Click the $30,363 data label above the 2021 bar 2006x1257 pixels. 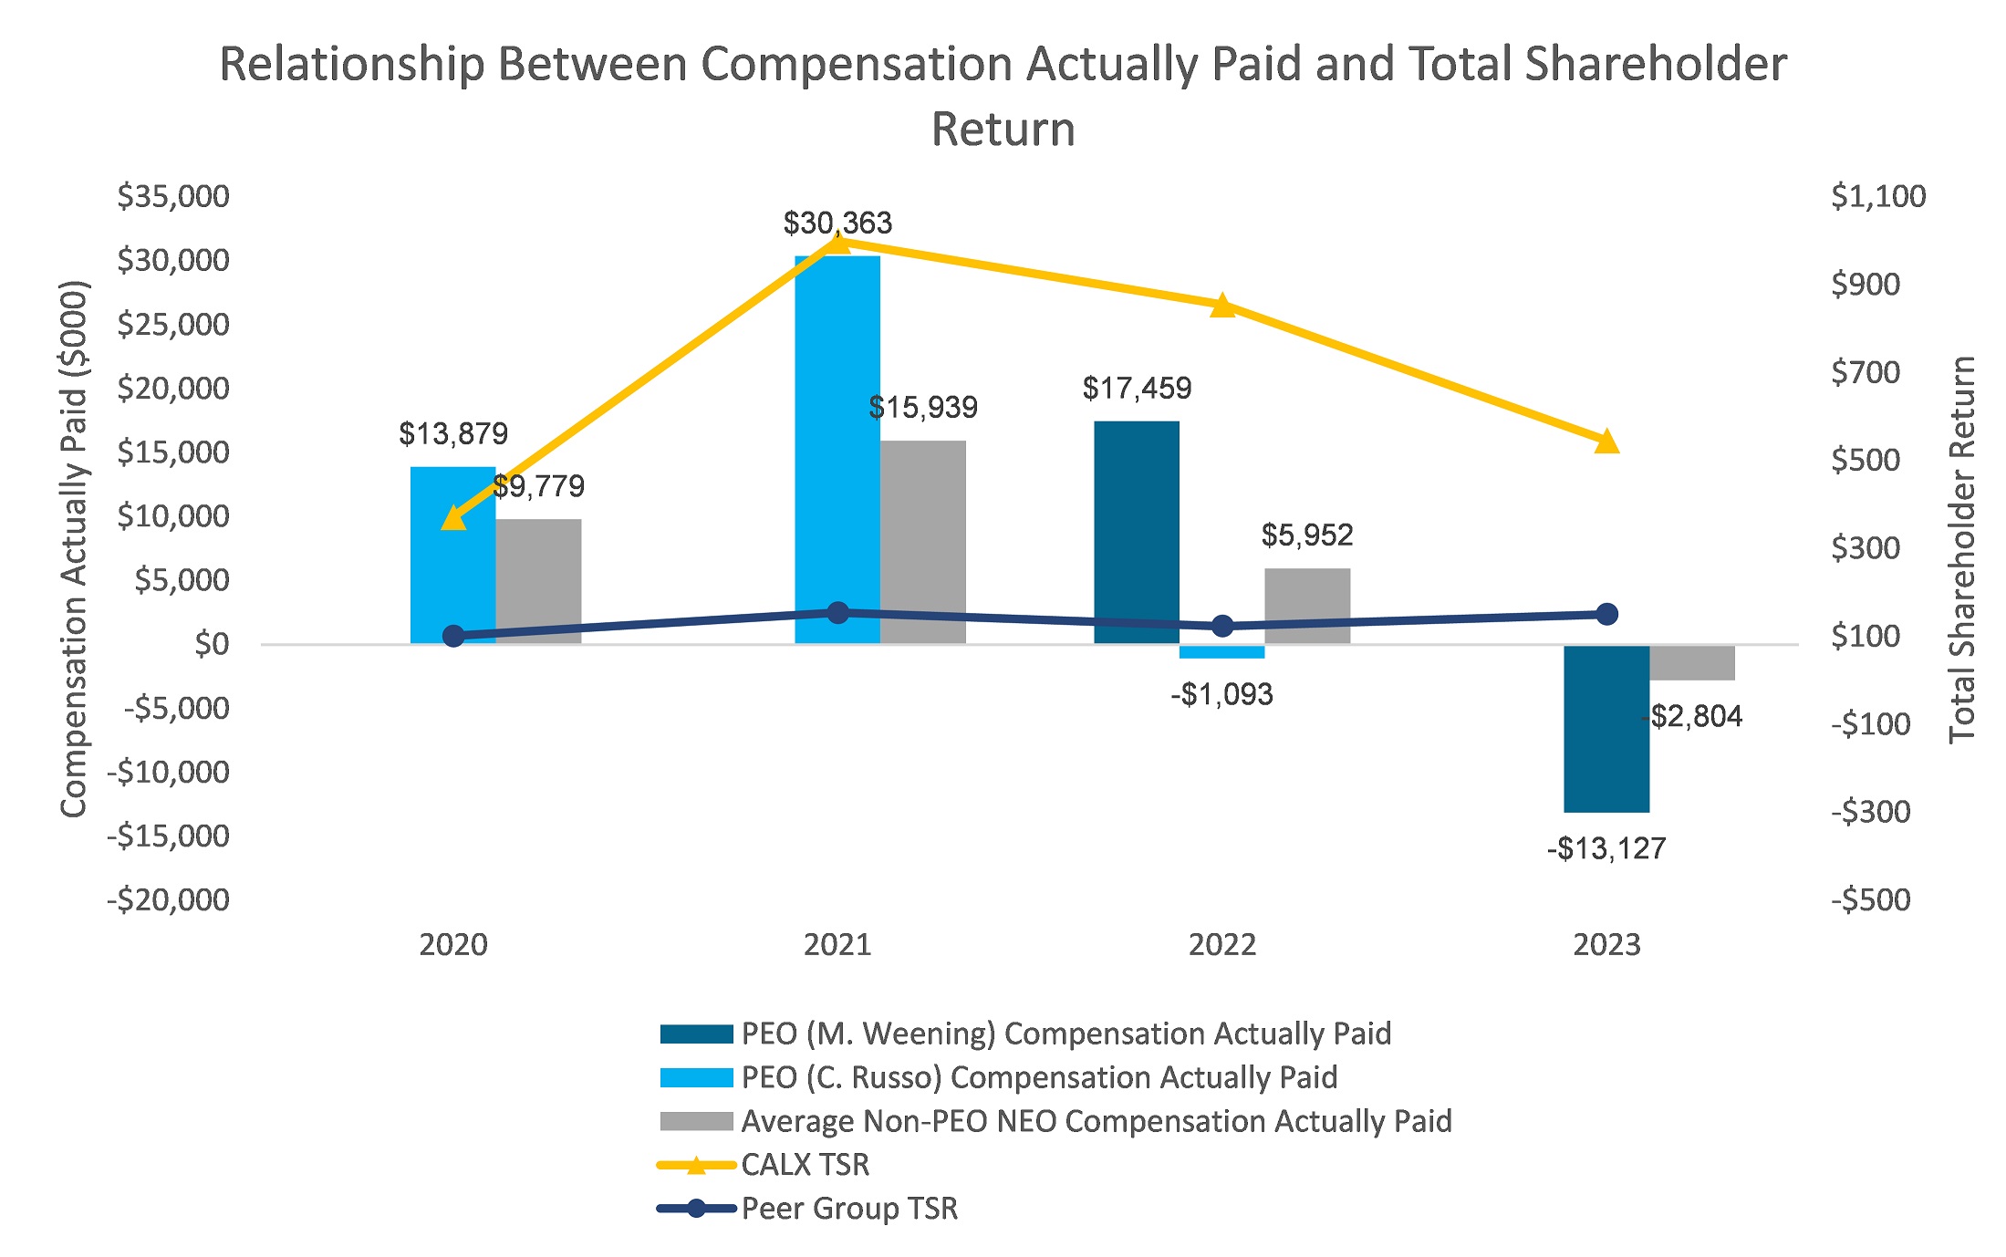tap(837, 223)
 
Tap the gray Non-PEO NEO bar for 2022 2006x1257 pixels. tap(1306, 606)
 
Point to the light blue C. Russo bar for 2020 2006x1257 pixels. tap(452, 566)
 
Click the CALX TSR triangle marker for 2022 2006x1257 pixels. tap(1222, 306)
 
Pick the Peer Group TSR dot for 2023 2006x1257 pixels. tap(1606, 614)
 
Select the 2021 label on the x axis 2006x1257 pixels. tap(837, 944)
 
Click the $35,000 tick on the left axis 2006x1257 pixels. tap(173, 196)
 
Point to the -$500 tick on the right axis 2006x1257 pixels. tap(1870, 900)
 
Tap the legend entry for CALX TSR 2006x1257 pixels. tap(805, 1165)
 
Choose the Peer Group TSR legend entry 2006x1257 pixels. tap(848, 1209)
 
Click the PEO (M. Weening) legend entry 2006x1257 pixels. tap(1065, 1034)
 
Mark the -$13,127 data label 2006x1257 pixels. tap(1606, 848)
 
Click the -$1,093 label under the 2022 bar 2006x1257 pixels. tap(1221, 695)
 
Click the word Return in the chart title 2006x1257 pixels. tap(1003, 129)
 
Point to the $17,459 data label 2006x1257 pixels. tap(1137, 389)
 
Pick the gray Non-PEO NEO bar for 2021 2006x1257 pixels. tap(922, 542)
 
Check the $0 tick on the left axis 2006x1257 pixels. tap(212, 644)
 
